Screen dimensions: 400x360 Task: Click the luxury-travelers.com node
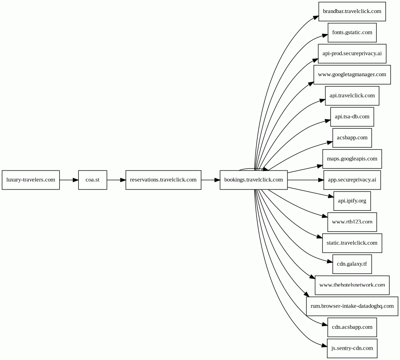coord(31,180)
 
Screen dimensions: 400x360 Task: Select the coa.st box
coord(93,180)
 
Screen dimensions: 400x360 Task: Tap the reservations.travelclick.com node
coord(163,180)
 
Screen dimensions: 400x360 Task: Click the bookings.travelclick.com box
coord(254,180)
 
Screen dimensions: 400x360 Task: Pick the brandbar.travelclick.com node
coord(352,11)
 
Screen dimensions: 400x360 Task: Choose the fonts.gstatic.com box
coord(352,33)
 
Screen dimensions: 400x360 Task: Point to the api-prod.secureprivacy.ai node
coord(352,54)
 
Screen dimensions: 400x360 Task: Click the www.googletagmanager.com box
coord(352,75)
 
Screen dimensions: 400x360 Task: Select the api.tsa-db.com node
coord(352,117)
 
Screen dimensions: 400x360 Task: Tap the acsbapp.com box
coord(352,138)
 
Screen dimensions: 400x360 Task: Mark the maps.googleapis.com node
coord(352,159)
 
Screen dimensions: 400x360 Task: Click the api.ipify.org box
coord(352,201)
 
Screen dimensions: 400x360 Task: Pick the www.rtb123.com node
coord(352,222)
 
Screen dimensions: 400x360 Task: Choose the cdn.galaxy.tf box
coord(352,264)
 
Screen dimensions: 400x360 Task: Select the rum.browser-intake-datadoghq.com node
coord(352,306)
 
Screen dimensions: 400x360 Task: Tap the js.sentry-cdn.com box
coord(352,349)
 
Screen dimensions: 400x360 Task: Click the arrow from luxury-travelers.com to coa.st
coord(69,180)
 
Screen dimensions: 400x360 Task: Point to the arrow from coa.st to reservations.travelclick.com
coord(116,180)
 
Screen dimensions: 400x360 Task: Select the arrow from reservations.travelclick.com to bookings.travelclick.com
coord(210,180)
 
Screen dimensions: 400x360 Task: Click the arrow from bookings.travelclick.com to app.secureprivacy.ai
coord(306,180)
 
